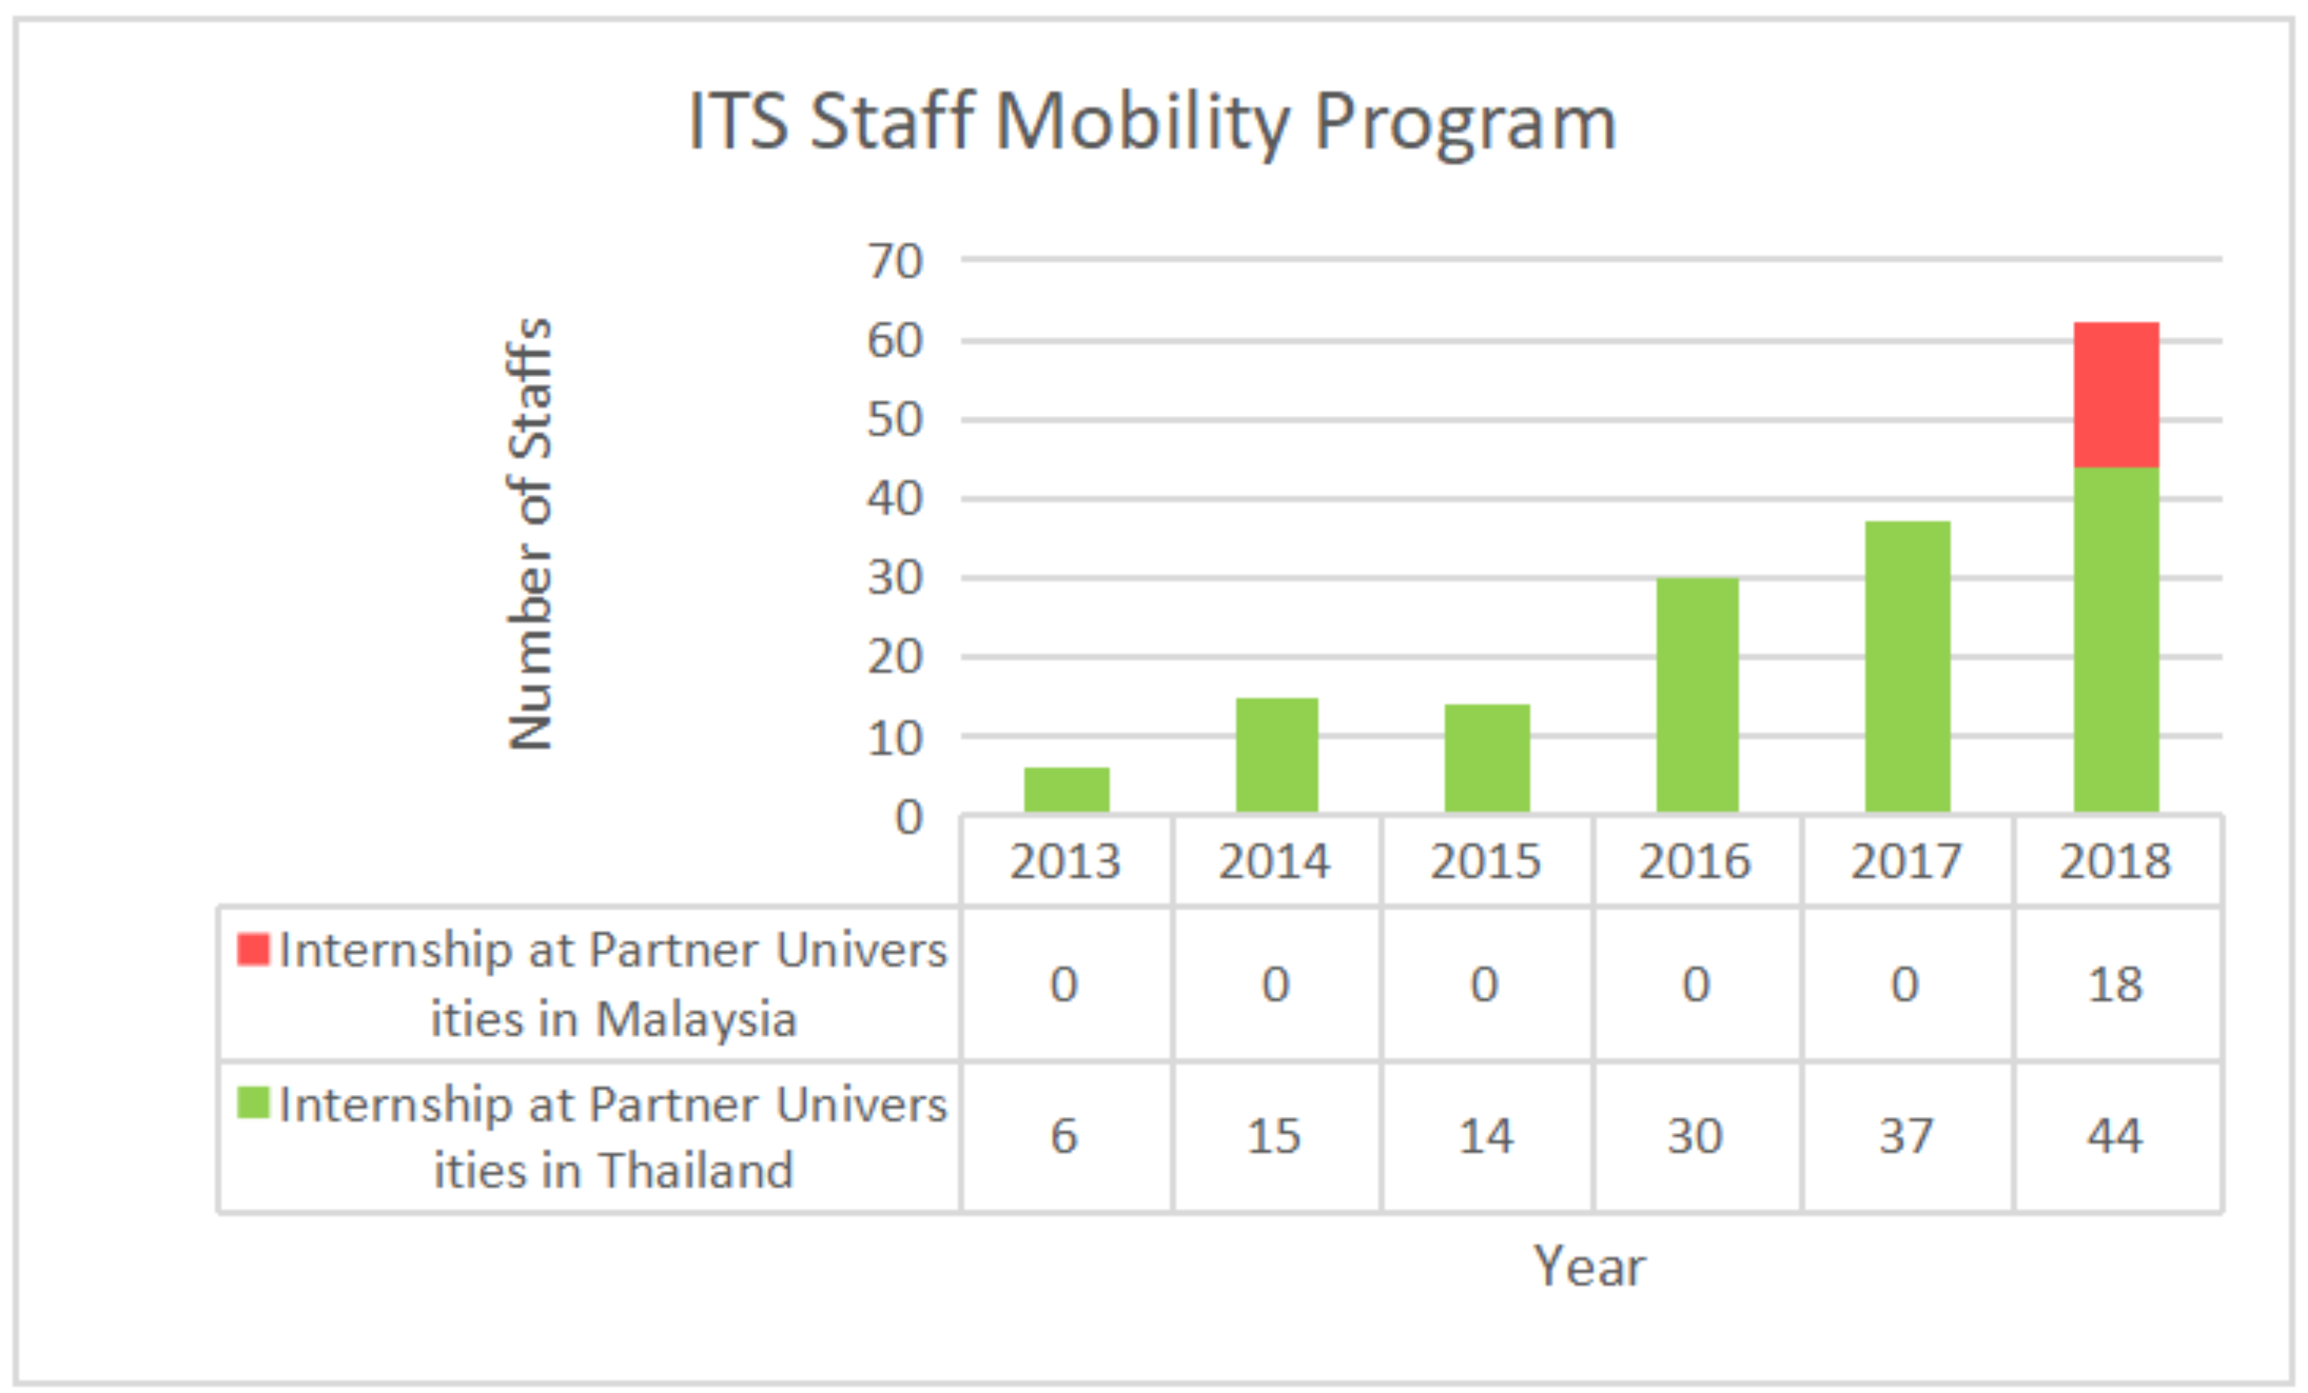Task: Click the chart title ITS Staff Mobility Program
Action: [x=1152, y=122]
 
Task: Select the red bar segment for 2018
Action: [x=2116, y=395]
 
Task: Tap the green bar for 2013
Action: [x=1066, y=790]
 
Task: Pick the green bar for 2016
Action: [x=1697, y=695]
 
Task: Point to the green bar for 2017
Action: [x=1907, y=666]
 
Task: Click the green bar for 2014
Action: [x=1277, y=754]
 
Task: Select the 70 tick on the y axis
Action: [x=895, y=260]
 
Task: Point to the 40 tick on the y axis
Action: [x=895, y=498]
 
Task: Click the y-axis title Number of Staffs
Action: [x=530, y=534]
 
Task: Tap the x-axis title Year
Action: [x=1589, y=1266]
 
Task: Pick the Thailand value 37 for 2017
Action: [x=1906, y=1137]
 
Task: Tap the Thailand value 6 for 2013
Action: [x=1064, y=1137]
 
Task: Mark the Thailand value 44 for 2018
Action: [x=2115, y=1137]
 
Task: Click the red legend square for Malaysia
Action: [x=253, y=949]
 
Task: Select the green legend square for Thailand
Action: [x=253, y=1102]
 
